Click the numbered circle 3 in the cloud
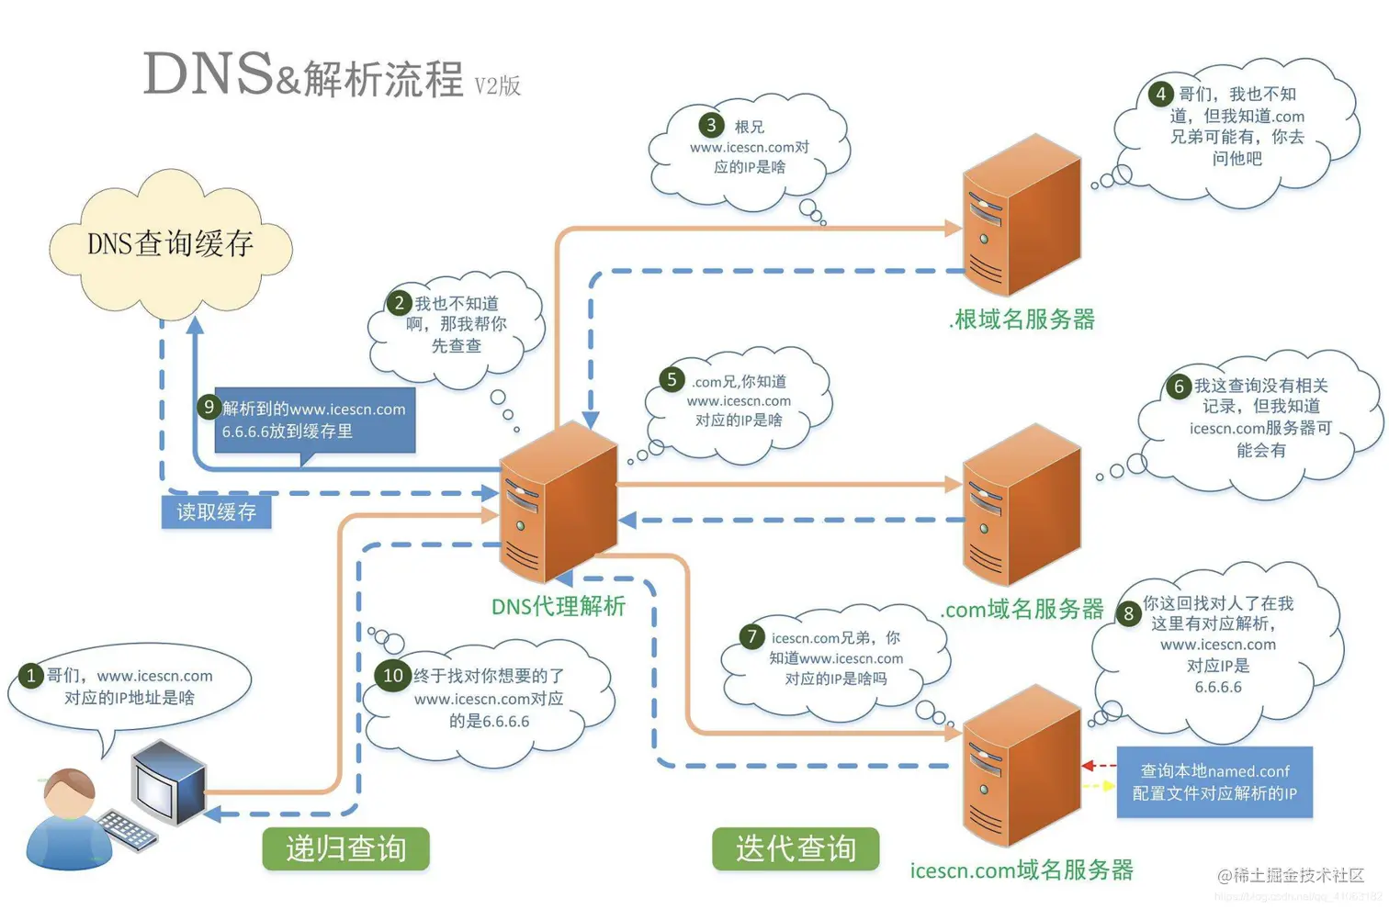tap(710, 125)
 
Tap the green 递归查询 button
tap(345, 848)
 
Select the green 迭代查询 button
tap(796, 848)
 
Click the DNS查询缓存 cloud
tap(170, 243)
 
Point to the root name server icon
tap(1021, 215)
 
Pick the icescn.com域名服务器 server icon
tap(1021, 766)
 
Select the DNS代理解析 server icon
tap(558, 502)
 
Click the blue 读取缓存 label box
tap(216, 511)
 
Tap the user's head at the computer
tap(70, 793)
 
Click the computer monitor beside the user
tap(167, 782)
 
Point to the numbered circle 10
tap(392, 676)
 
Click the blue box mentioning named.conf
tap(1214, 782)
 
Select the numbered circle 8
tap(1128, 613)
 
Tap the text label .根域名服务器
tap(1022, 320)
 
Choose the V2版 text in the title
tap(497, 86)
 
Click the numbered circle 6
tap(1179, 387)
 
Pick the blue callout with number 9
tap(314, 421)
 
